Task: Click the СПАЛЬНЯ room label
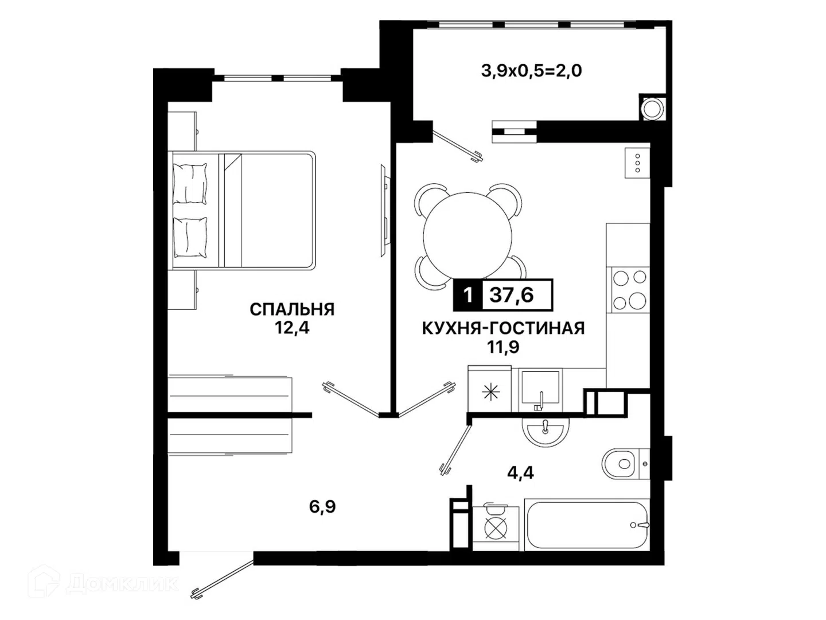292,310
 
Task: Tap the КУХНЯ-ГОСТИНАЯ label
504,328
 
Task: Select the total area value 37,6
512,294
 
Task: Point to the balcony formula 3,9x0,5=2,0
531,71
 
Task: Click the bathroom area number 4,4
520,473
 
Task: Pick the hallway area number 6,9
322,507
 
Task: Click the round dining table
467,235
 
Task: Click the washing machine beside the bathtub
496,528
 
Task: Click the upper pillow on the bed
190,184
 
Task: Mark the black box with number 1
467,294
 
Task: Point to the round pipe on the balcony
653,107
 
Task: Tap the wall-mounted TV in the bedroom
384,212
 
